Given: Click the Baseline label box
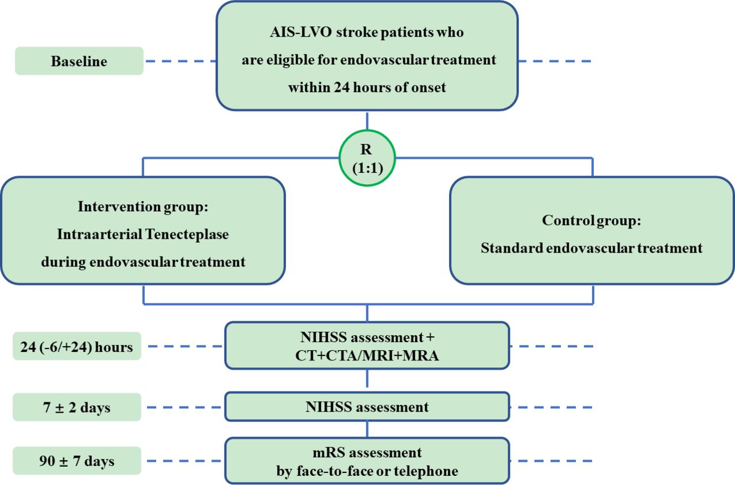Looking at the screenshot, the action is pyautogui.click(x=79, y=61).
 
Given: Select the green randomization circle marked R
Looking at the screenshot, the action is pyautogui.click(x=367, y=130).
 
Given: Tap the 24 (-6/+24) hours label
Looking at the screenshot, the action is pyautogui.click(x=77, y=346).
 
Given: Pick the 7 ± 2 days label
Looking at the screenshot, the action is pyautogui.click(x=77, y=408).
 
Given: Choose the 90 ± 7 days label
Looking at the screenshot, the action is pyautogui.click(x=77, y=461).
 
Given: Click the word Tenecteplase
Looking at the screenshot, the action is pyautogui.click(x=187, y=234).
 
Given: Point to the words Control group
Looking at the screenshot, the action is pyautogui.click(x=591, y=220).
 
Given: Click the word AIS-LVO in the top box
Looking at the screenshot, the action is pyautogui.click(x=301, y=32).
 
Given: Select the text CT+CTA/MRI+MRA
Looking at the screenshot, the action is pyautogui.click(x=367, y=355).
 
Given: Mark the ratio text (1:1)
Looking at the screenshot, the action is pyautogui.click(x=367, y=168).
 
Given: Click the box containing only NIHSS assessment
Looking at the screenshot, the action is pyautogui.click(x=367, y=406).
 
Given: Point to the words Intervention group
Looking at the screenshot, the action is pyautogui.click(x=143, y=207).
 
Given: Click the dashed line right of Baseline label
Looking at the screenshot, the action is pyautogui.click(x=181, y=61).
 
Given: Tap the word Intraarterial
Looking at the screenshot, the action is pyautogui.click(x=100, y=234).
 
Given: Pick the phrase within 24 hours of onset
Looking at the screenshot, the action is pyautogui.click(x=367, y=88).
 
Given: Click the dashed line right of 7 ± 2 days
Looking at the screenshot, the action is pyautogui.click(x=184, y=408).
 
